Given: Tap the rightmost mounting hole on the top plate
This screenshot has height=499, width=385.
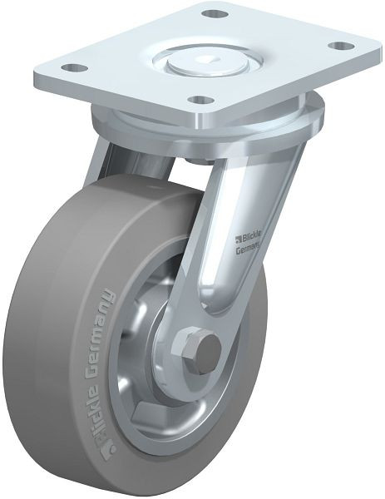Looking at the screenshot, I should tap(337, 46).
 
